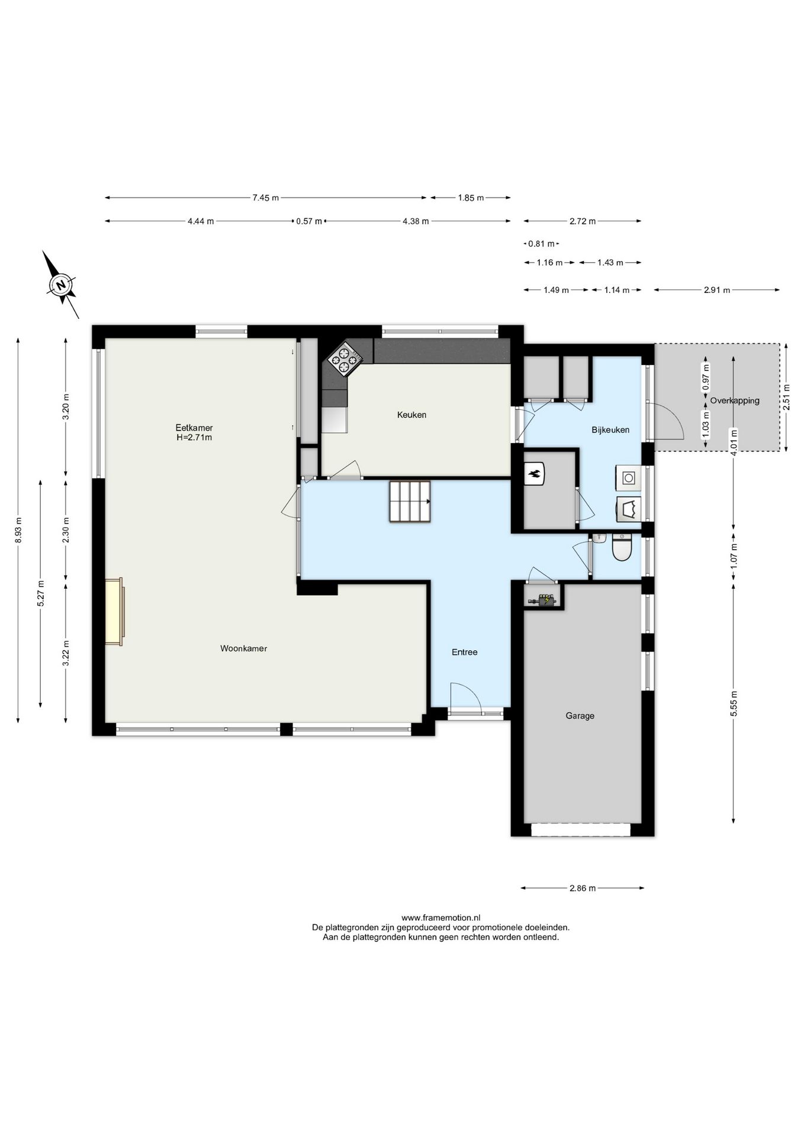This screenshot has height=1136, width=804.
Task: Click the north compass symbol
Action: coord(60,285)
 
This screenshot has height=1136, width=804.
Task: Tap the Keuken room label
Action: coord(411,415)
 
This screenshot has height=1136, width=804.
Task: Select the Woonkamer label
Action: coord(243,648)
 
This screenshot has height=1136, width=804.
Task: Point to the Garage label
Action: coord(580,716)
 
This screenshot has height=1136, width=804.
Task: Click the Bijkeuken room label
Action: coord(610,430)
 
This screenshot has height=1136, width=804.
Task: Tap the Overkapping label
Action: coord(735,401)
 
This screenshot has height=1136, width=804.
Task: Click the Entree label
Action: coord(464,652)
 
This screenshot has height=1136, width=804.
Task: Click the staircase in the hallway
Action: coord(410,502)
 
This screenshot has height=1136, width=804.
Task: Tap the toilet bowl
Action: coord(622,547)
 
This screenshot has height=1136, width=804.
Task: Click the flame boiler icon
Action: coord(535,474)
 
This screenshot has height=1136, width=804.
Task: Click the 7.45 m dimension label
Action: coord(265,198)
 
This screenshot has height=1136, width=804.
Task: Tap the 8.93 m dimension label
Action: coord(18,530)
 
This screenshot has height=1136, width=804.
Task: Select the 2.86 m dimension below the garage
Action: coord(583,888)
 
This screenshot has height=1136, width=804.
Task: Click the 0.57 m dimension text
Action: coord(309,221)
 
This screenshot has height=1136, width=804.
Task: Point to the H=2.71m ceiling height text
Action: coord(194,438)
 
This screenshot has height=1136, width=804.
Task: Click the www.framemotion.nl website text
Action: coord(441,918)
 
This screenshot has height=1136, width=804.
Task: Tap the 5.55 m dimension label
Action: coord(734,703)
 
